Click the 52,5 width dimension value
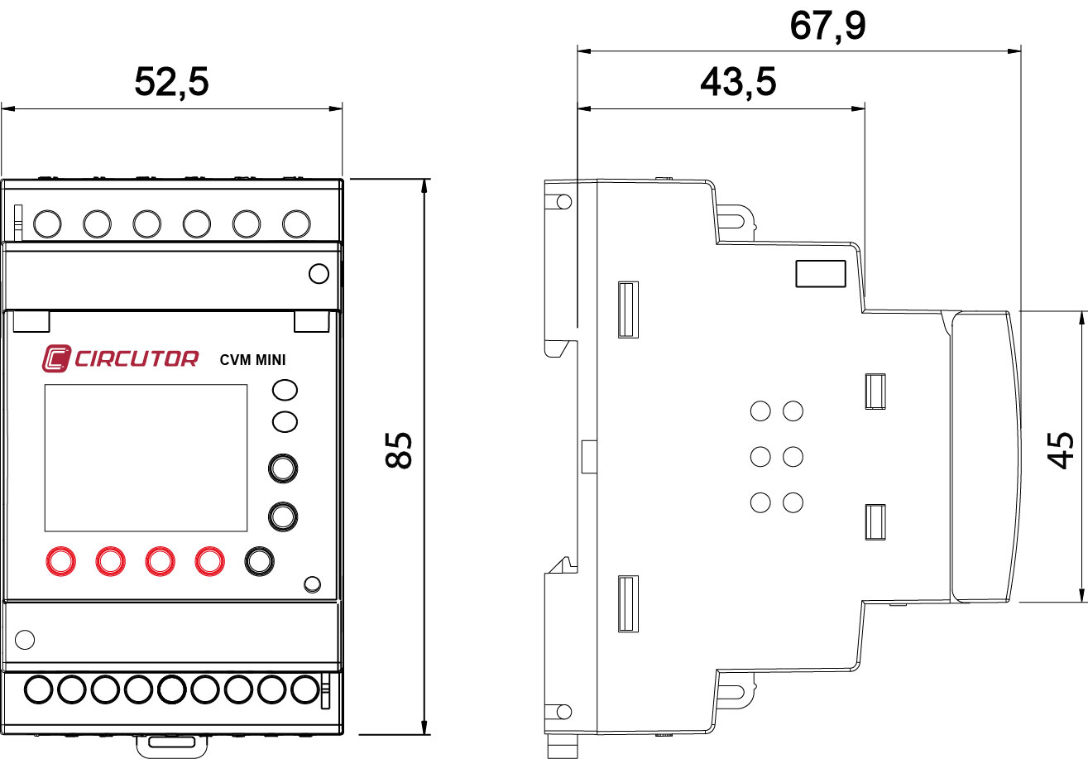click(x=171, y=82)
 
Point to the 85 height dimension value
click(x=400, y=449)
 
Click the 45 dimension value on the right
click(x=1062, y=449)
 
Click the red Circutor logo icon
click(x=56, y=358)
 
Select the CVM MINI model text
click(x=253, y=359)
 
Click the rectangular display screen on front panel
click(x=146, y=458)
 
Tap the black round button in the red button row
click(x=259, y=560)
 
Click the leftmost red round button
click(x=60, y=560)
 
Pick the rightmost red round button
click(x=209, y=560)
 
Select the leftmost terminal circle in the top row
click(x=48, y=223)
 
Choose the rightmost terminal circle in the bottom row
click(x=305, y=689)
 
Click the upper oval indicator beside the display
click(x=285, y=390)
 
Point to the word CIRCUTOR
click(x=137, y=359)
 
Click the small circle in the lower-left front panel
click(x=26, y=639)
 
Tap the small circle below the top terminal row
click(x=318, y=273)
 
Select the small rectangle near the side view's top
click(x=820, y=273)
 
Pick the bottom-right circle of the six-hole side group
click(x=793, y=502)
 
